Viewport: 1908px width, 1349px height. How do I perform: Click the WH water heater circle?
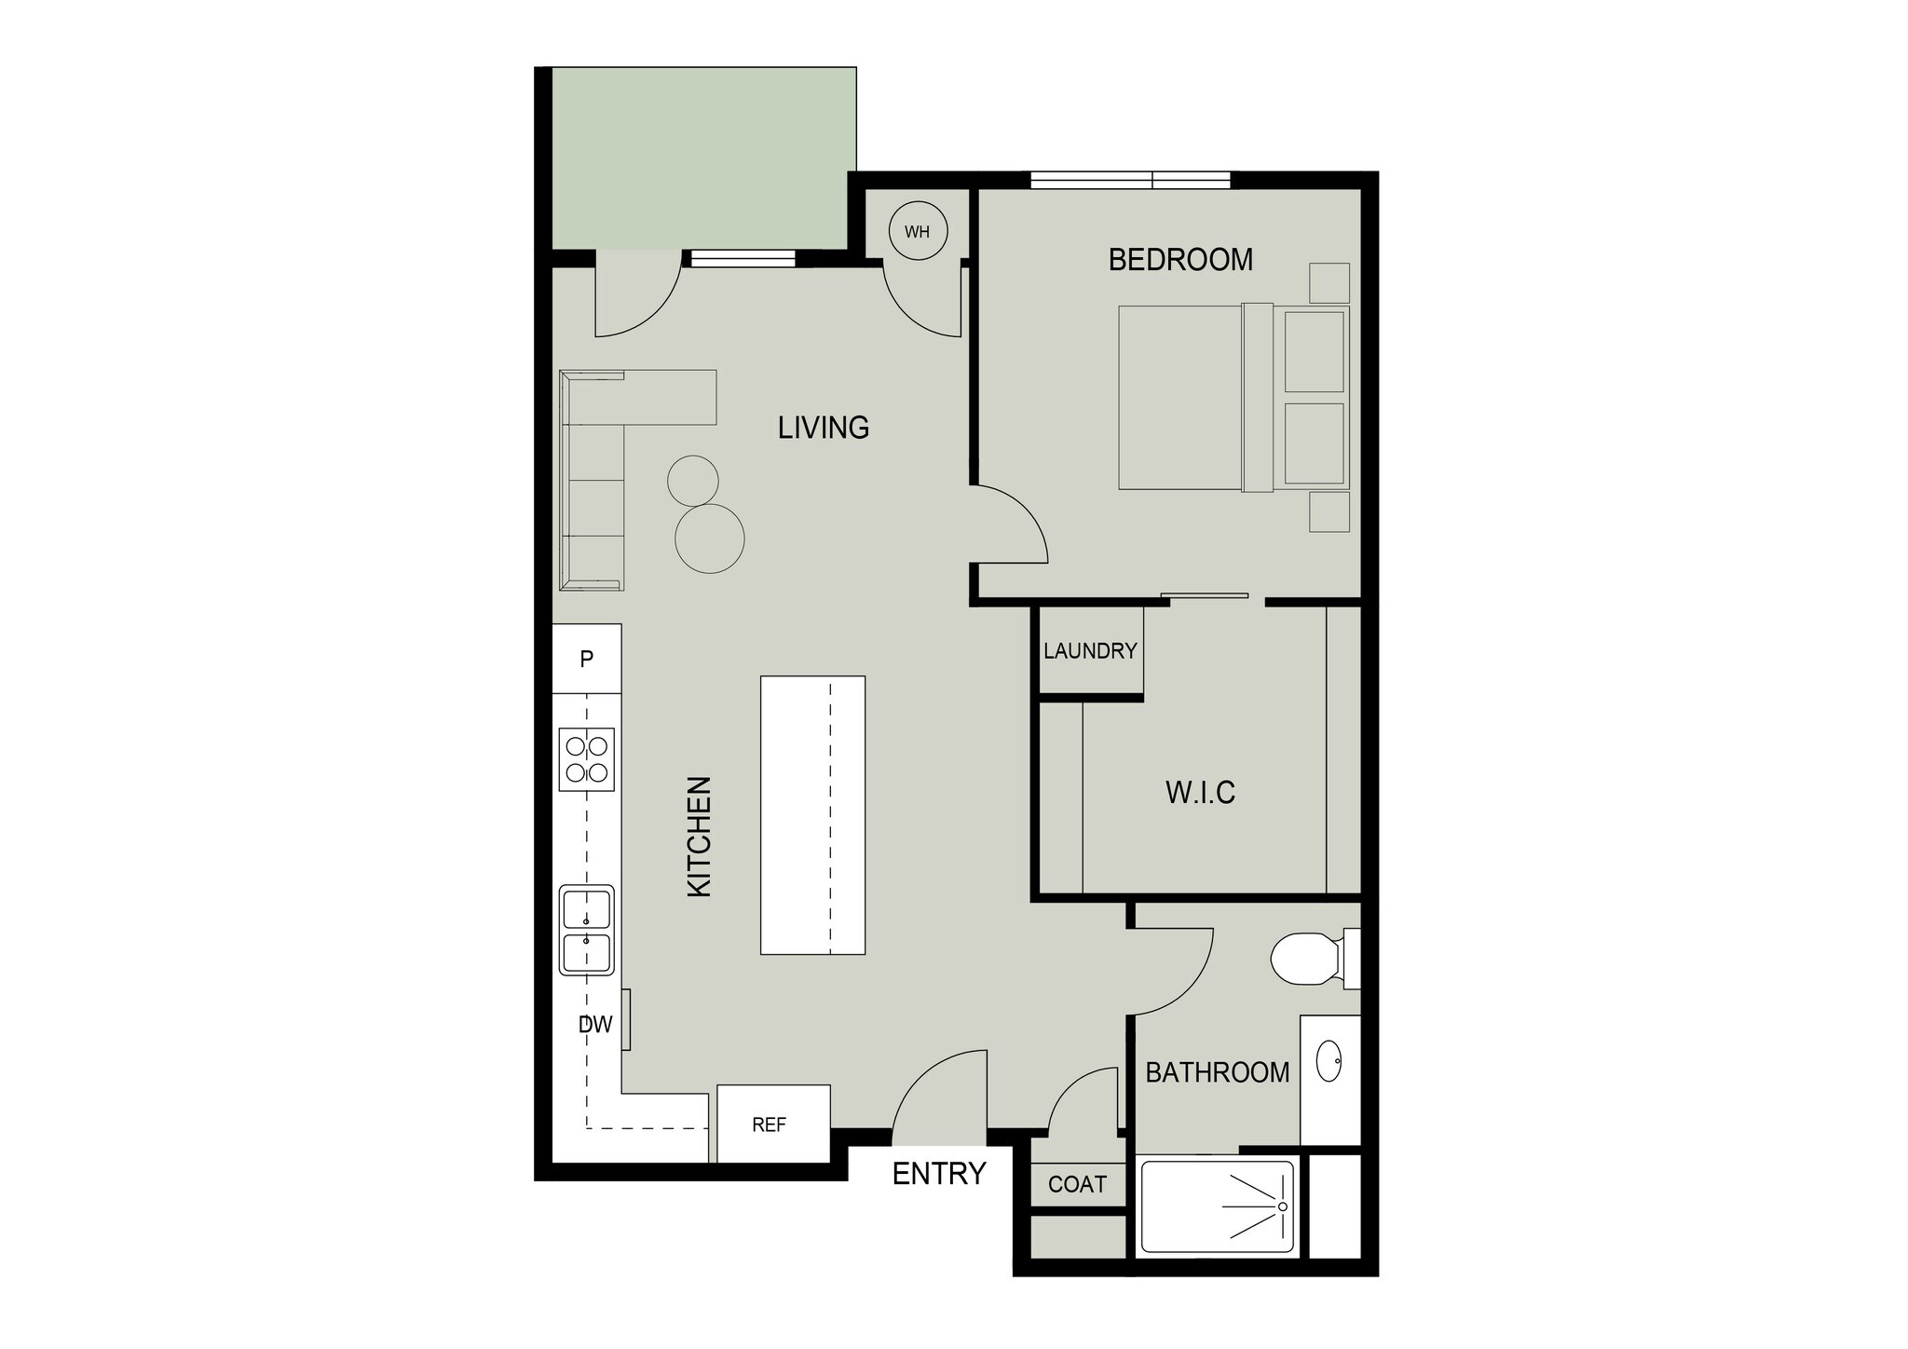coord(918,231)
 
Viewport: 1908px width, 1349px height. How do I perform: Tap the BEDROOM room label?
coord(1180,260)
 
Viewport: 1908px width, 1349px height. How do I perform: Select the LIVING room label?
coord(824,428)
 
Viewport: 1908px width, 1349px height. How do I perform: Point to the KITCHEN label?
coord(699,837)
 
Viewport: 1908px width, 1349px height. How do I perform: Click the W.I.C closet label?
coord(1200,793)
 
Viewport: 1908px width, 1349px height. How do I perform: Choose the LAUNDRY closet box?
coord(1090,650)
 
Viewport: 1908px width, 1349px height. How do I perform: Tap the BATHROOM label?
coord(1217,1073)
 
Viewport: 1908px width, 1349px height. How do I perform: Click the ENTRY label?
coord(938,1174)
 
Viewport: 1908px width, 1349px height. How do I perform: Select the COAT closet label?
coord(1077,1184)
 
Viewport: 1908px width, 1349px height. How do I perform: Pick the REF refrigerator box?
coord(770,1124)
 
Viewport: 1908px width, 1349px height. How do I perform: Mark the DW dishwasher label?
coord(595,1025)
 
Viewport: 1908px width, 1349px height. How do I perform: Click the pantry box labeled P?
coord(587,660)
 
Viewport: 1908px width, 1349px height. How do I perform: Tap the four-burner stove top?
coord(587,759)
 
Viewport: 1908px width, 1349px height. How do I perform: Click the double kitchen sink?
coord(587,930)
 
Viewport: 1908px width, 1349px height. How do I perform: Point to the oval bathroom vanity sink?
coord(1329,1060)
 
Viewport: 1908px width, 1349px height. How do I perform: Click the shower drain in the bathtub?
coord(1283,1206)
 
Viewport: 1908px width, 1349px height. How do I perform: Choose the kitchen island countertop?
coord(812,815)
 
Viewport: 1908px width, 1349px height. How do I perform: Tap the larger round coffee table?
coord(710,538)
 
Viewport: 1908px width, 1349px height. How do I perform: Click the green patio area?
coord(703,158)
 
